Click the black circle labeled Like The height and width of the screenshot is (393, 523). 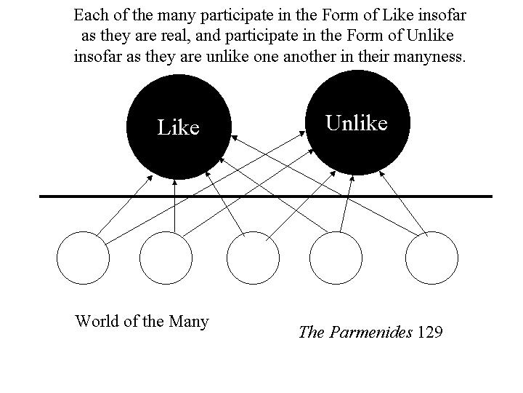(179, 127)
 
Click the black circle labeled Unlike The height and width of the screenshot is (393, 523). (357, 122)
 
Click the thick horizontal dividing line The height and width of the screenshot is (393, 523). (266, 196)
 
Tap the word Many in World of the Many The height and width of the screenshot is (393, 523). (188, 322)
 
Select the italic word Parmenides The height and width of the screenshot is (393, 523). (370, 333)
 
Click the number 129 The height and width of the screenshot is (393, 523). (429, 332)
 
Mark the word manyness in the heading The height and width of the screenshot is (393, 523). (429, 57)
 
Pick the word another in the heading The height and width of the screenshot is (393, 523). (310, 57)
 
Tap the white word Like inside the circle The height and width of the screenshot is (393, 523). (179, 127)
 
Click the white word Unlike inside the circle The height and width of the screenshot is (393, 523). (357, 123)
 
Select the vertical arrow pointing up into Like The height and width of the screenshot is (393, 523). (174, 205)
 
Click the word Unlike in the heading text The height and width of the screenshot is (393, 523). (430, 36)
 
